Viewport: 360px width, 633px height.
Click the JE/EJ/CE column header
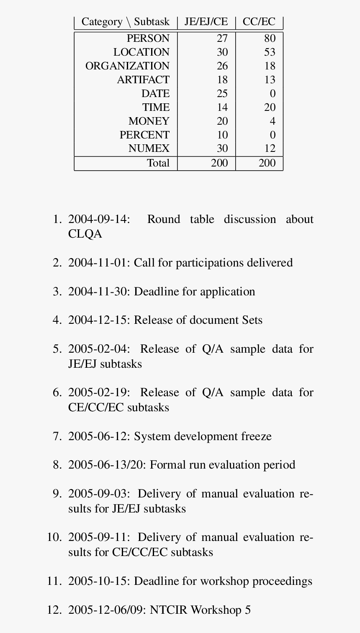coord(206,22)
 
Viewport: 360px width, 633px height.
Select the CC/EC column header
coord(259,22)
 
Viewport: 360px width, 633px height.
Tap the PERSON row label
coord(148,38)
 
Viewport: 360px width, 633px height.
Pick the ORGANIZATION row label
coord(127,66)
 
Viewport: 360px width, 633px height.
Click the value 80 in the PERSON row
coord(270,38)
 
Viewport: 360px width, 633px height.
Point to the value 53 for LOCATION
coord(270,52)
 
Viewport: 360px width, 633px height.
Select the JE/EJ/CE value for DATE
coord(222,94)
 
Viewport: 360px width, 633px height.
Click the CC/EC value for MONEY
coord(273,121)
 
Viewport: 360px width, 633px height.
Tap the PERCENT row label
coord(144,135)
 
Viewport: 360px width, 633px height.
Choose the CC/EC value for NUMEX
coord(270,149)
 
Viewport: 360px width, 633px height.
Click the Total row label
coord(158,163)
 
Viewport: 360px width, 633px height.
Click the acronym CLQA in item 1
coord(85,234)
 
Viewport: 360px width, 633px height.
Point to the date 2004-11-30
coord(99,292)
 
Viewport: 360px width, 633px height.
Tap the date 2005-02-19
coord(99,393)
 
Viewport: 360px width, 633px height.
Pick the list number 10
coord(54,538)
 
